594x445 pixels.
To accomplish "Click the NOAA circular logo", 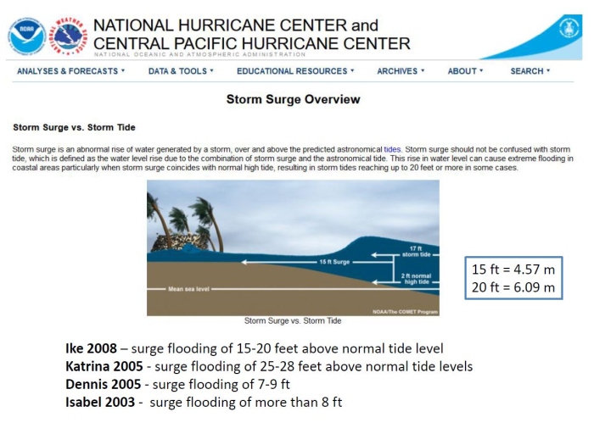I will click(x=26, y=36).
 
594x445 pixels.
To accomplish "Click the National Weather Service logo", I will click(x=70, y=36).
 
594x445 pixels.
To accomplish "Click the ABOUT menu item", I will click(x=465, y=71).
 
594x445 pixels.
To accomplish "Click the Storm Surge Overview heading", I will click(x=293, y=100).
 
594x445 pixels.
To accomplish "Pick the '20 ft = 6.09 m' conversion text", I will click(x=513, y=287).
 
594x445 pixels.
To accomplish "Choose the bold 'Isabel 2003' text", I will click(x=100, y=402).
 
